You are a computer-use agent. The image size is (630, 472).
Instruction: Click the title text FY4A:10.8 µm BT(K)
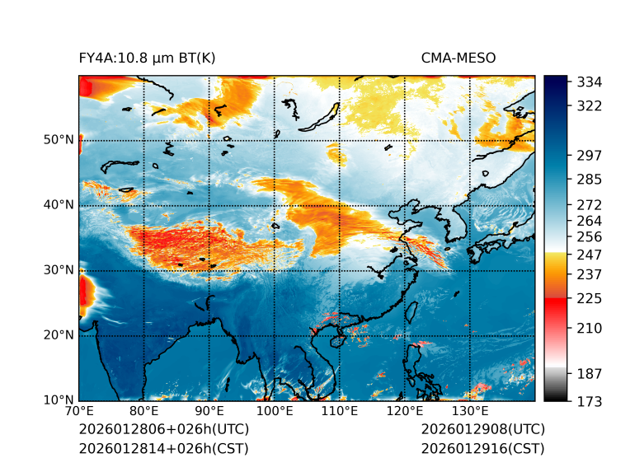(147, 58)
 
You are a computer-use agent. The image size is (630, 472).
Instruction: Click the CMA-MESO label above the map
(458, 58)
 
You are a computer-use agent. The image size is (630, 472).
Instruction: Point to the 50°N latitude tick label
(59, 140)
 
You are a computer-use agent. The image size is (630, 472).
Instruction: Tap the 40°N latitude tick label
(59, 205)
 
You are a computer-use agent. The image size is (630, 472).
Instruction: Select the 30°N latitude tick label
(59, 270)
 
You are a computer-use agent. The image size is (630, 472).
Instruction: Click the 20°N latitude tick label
(59, 335)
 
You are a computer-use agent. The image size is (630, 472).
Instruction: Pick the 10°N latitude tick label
(59, 400)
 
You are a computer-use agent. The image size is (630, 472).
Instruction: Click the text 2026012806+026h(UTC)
(163, 430)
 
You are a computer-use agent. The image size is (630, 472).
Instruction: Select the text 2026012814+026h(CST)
(163, 449)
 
